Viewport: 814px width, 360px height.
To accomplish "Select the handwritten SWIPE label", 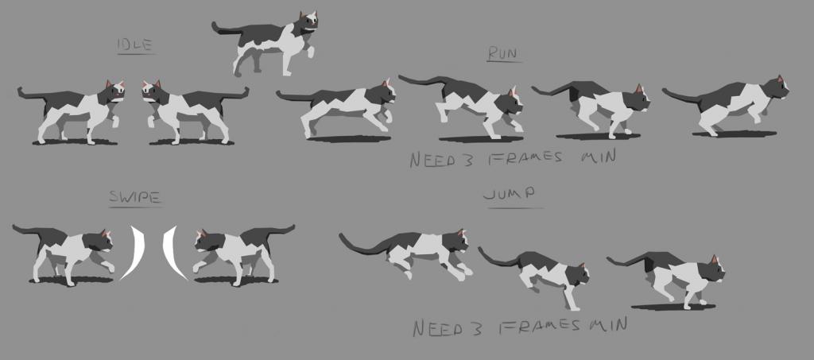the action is coord(134,197).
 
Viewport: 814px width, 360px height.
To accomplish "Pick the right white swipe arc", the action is coord(172,253).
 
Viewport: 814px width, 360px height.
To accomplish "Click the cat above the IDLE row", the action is coord(265,43).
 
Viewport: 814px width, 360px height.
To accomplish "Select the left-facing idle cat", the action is coord(195,110).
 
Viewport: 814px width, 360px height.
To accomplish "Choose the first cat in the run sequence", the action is coord(336,108).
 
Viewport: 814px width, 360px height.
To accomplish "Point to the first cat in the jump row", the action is coord(405,253).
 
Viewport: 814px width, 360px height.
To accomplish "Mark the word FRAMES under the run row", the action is coord(525,157).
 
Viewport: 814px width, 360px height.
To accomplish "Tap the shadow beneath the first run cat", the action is coord(348,139).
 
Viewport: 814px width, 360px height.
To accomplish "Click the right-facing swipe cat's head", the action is coord(99,242).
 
